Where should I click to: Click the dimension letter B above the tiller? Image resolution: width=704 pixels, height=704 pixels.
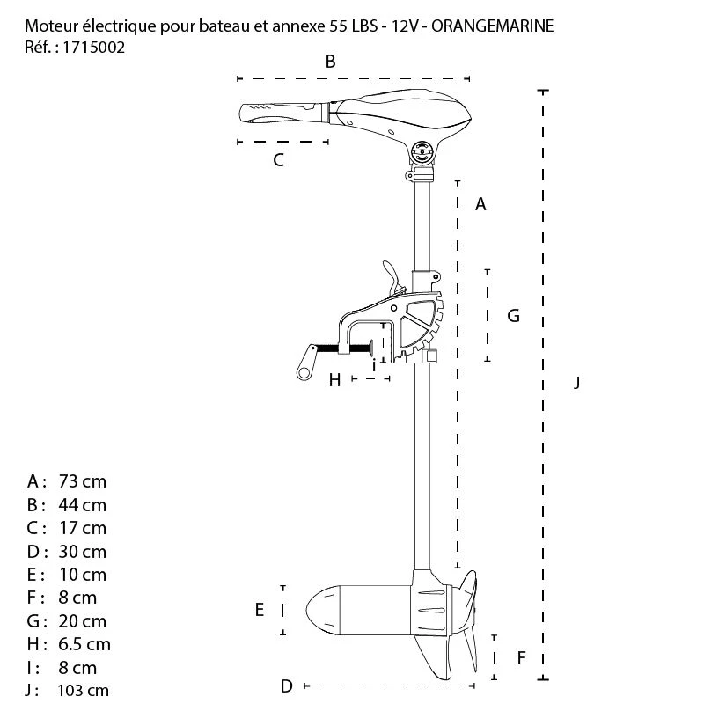click(331, 61)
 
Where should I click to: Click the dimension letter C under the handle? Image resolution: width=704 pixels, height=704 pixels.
click(278, 160)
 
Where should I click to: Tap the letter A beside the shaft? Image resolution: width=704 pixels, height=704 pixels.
click(480, 204)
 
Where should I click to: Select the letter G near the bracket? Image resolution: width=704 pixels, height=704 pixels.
click(514, 315)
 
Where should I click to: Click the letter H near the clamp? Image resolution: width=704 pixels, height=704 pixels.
click(334, 380)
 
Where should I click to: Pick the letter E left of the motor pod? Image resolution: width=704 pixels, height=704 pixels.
click(260, 610)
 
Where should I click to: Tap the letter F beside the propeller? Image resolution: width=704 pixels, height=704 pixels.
click(522, 657)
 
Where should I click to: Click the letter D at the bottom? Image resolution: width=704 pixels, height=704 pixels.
click(286, 686)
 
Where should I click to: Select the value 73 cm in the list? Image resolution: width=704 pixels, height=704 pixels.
click(83, 481)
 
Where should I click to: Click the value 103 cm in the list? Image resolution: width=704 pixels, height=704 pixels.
click(83, 691)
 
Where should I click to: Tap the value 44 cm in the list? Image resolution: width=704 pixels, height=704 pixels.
click(83, 505)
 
